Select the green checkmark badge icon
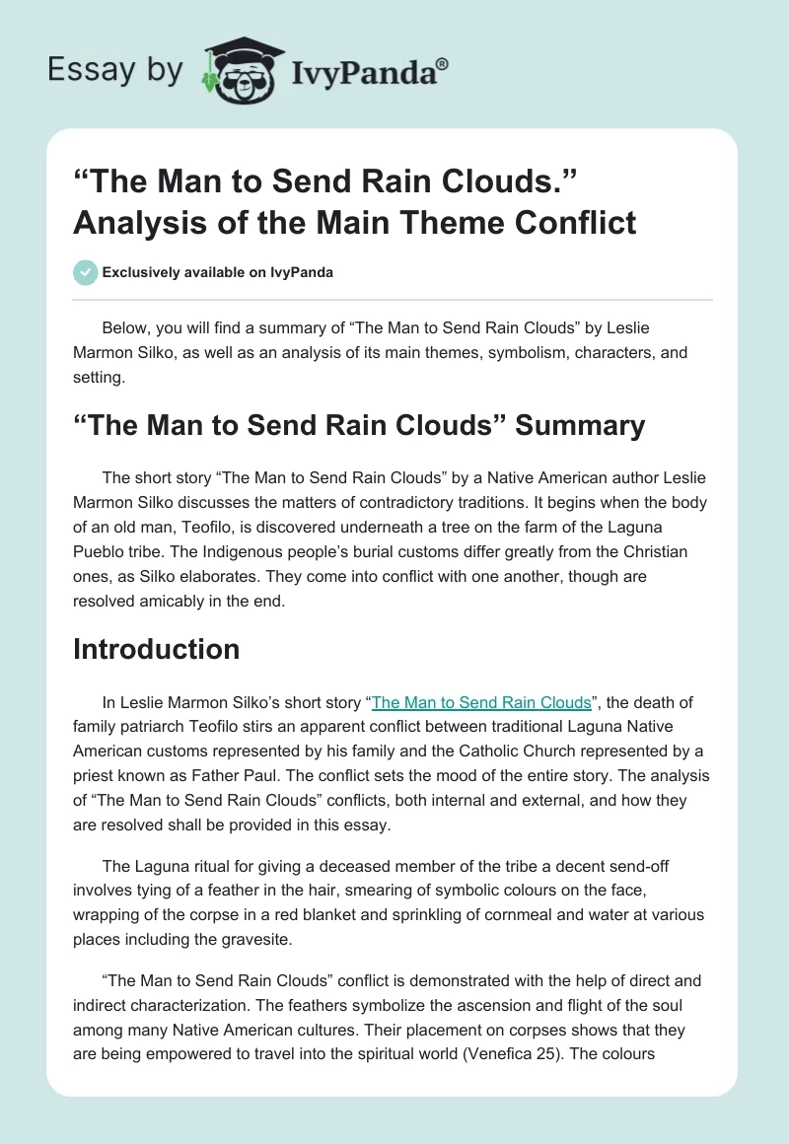point(85,272)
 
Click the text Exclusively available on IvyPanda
point(218,272)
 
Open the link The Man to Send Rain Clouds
point(480,702)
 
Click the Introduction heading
point(156,649)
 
